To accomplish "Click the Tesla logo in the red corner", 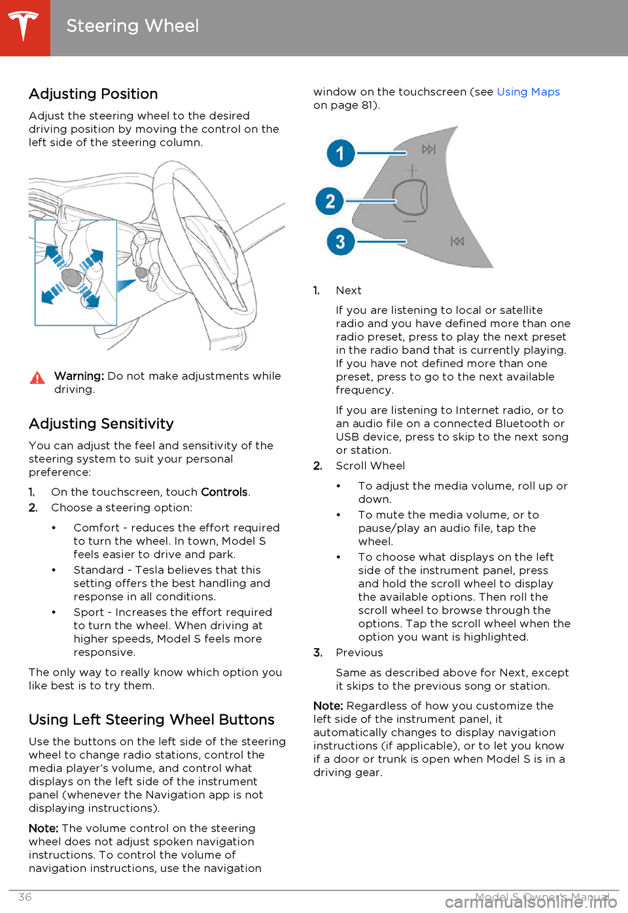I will (24, 26).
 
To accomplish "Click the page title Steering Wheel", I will (132, 26).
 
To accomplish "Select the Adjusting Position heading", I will (94, 94).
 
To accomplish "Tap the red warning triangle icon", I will (37, 377).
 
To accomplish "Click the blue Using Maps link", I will (528, 92).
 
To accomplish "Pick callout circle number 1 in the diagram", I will (340, 154).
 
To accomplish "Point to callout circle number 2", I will (330, 201).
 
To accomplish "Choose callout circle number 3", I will (340, 241).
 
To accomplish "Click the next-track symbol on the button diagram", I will (428, 150).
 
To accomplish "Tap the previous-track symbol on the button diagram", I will (457, 241).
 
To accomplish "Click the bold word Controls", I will (224, 492).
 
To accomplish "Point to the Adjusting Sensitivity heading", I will (101, 424).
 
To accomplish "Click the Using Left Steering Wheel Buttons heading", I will (152, 720).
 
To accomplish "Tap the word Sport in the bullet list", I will (89, 612).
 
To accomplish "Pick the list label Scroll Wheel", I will (370, 466).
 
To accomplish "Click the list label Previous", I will (359, 653).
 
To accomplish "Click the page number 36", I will (25, 897).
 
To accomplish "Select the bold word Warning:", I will (79, 376).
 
